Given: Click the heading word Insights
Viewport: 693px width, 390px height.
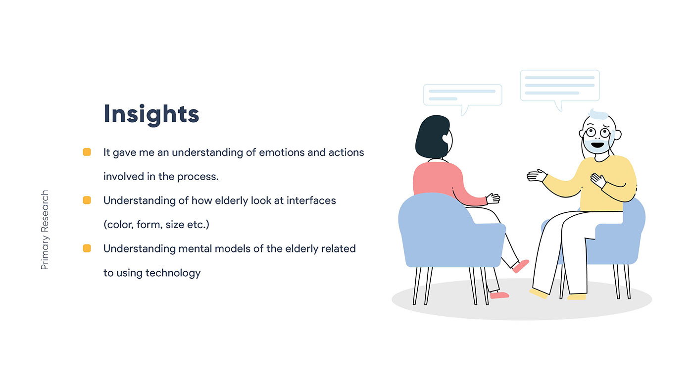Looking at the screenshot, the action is pos(151,115).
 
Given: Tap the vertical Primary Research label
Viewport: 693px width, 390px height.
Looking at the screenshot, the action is pos(45,230).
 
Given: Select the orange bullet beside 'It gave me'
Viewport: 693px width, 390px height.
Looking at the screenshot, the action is pos(87,152).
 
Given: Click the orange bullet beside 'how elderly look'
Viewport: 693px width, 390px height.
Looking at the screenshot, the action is pos(87,200).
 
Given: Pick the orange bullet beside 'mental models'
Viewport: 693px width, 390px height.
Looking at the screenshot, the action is pos(87,248).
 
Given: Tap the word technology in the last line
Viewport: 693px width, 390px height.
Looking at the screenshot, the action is pos(173,273).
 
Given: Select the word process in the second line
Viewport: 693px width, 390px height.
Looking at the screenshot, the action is pos(198,177).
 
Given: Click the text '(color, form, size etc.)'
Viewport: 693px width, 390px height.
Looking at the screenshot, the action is pos(156,225).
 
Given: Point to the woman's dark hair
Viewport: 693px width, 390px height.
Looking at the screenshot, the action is pos(433,137).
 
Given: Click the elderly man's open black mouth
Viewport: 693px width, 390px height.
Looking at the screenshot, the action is pos(597,145).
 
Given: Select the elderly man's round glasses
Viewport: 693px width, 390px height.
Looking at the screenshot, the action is pos(598,133).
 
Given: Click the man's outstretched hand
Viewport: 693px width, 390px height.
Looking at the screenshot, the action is pos(537,175).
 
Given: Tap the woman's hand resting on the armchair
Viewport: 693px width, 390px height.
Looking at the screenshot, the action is pos(493,198).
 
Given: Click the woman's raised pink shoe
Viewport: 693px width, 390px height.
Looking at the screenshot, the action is pos(521,266).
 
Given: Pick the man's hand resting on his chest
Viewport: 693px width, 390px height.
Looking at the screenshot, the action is pos(598,180).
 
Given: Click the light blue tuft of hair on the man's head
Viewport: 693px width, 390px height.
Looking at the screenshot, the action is pos(598,115).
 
